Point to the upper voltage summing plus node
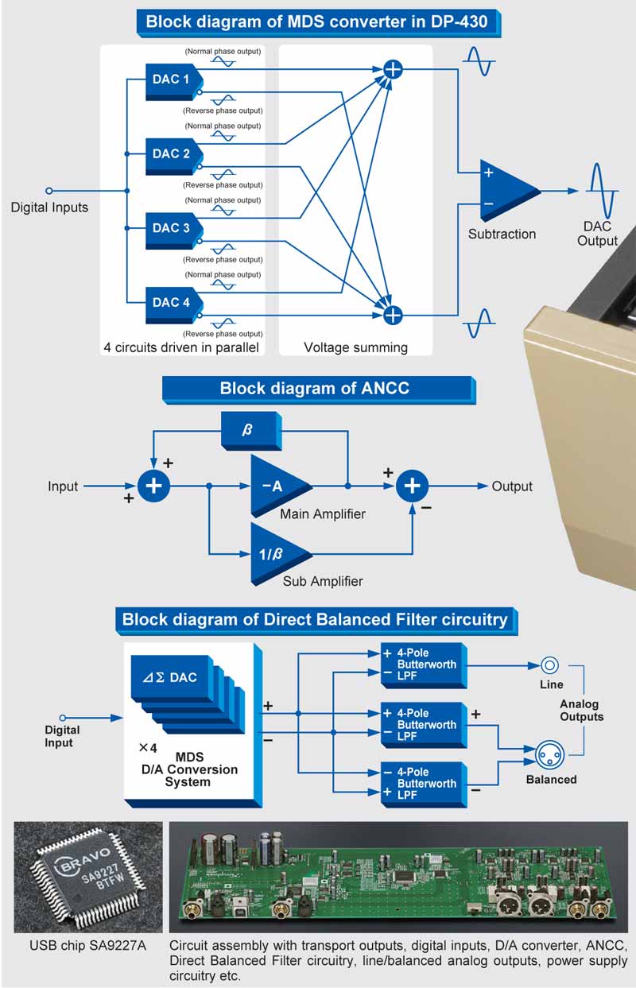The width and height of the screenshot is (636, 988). pyautogui.click(x=393, y=69)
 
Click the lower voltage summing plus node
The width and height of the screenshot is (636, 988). pyautogui.click(x=393, y=315)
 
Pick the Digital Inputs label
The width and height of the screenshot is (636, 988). pyautogui.click(x=49, y=207)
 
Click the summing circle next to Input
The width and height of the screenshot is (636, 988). pyautogui.click(x=154, y=486)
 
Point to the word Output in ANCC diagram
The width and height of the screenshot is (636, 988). pyautogui.click(x=512, y=486)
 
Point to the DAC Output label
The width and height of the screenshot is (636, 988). pyautogui.click(x=597, y=234)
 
